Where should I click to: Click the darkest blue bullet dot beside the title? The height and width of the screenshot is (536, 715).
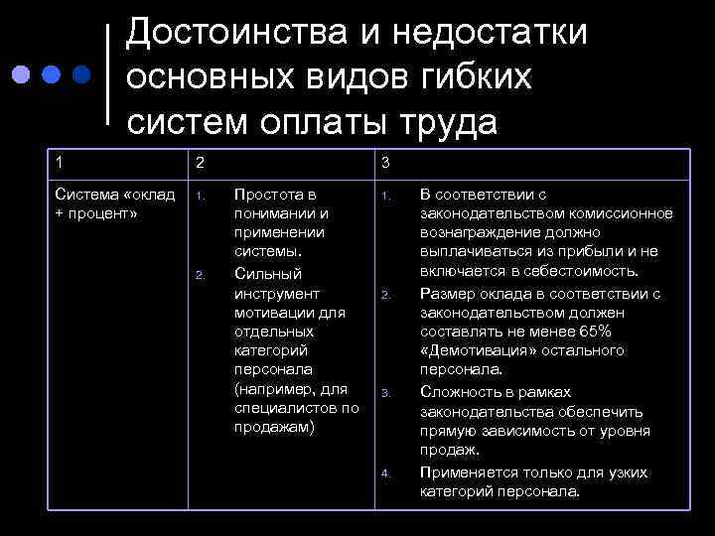tap(81, 75)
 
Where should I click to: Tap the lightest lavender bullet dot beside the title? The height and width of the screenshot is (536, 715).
tap(19, 75)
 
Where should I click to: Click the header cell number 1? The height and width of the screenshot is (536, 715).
tap(60, 162)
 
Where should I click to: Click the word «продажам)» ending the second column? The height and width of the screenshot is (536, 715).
tap(273, 427)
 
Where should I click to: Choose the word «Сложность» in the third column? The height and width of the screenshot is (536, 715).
tap(460, 392)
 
